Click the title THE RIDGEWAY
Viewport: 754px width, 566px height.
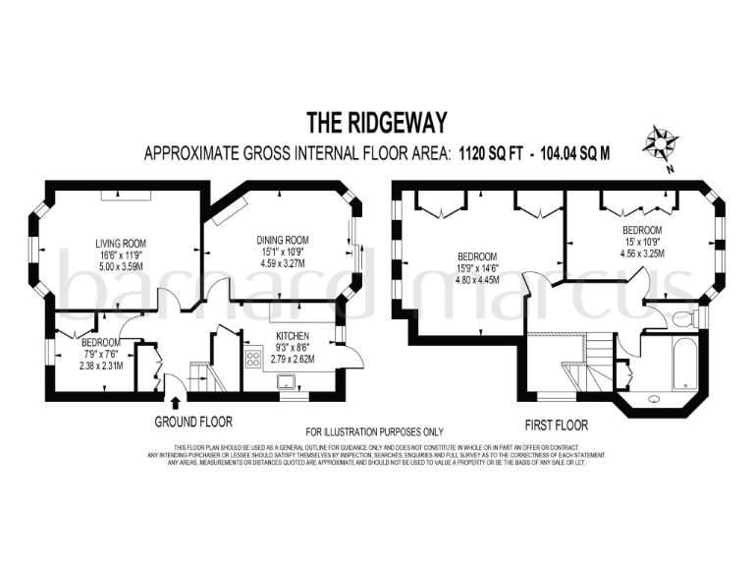pyautogui.click(x=377, y=123)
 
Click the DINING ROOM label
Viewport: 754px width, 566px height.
pyautogui.click(x=283, y=240)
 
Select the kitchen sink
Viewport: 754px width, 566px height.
pyautogui.click(x=291, y=383)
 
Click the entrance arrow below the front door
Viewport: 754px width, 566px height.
pyautogui.click(x=175, y=401)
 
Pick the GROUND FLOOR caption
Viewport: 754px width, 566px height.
pyautogui.click(x=193, y=422)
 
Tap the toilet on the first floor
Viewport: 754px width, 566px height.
pyautogui.click(x=683, y=318)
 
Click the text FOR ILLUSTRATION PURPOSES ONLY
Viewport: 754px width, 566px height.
pyautogui.click(x=375, y=432)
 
